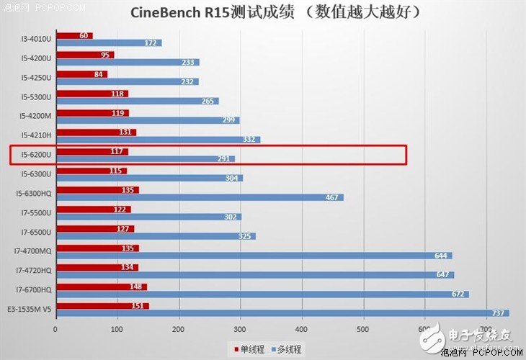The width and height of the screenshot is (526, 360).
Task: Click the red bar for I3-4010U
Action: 73,35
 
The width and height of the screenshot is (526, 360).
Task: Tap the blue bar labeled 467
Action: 199,197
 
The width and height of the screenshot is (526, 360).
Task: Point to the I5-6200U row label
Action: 35,152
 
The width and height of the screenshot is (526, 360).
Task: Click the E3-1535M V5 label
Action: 30,308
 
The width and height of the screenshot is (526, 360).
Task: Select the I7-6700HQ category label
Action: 33,289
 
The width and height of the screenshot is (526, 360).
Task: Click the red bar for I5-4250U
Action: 81,74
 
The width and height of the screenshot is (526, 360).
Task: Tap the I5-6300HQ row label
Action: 33,192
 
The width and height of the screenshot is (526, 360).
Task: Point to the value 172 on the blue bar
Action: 151,43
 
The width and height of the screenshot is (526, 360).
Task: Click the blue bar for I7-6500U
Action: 155,236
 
